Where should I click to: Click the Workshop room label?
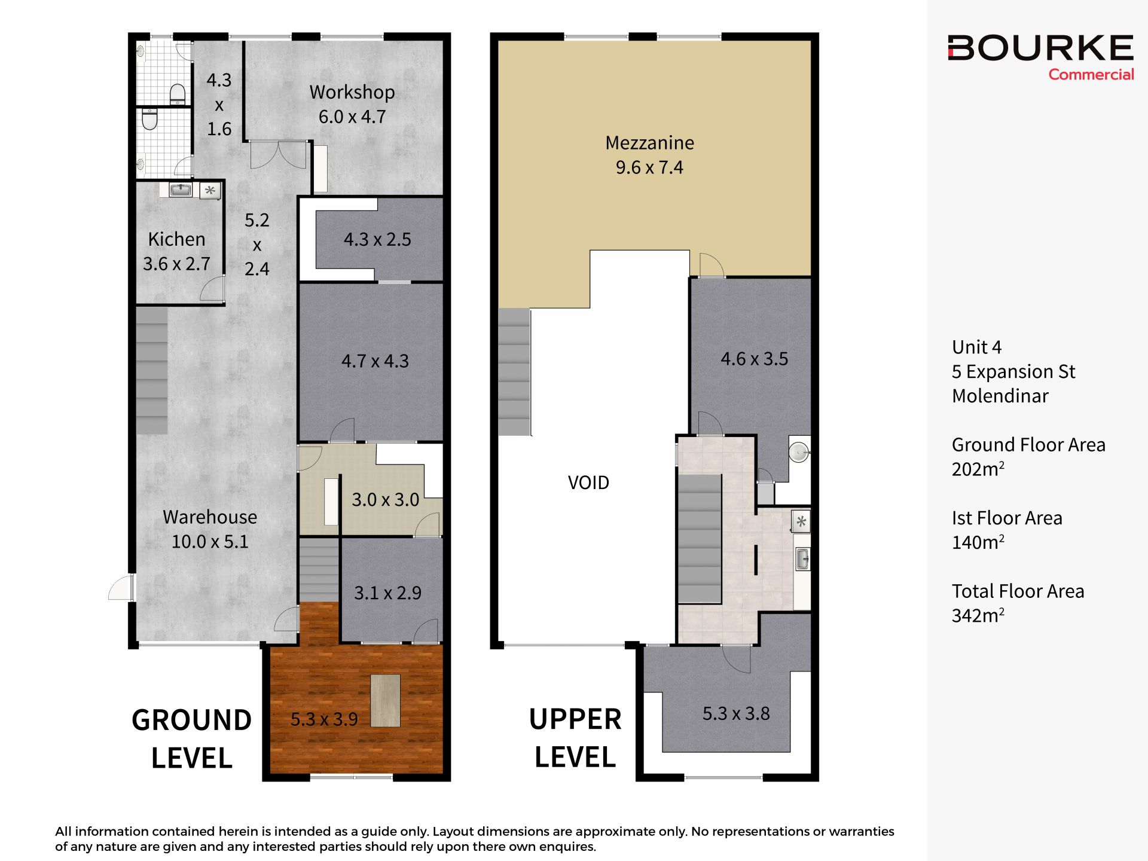[352, 92]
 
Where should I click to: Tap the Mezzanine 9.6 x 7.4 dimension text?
[649, 167]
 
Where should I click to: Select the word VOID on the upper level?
[588, 483]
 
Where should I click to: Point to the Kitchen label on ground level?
[176, 239]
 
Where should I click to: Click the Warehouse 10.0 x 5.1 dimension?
[210, 542]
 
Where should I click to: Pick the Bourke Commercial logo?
[1040, 57]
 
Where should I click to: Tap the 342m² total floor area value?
[978, 615]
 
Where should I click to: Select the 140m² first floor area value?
[978, 542]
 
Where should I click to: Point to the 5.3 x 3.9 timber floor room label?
[324, 719]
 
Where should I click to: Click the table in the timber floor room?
[385, 700]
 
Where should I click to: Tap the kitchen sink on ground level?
[181, 190]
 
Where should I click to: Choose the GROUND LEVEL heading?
[191, 739]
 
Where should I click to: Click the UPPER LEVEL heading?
[575, 738]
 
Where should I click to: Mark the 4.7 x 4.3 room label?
[375, 361]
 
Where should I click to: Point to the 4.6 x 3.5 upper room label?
[754, 359]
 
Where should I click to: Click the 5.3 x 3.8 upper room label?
[736, 713]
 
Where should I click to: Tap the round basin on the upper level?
[799, 451]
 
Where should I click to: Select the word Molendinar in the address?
[1000, 396]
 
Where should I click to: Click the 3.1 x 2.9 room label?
[387, 593]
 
